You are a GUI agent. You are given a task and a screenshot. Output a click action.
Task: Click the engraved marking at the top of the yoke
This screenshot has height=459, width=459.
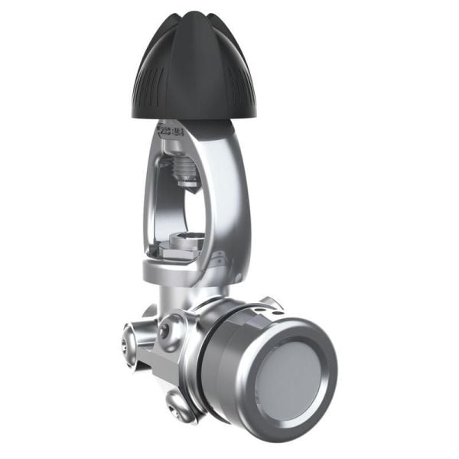click(173, 129)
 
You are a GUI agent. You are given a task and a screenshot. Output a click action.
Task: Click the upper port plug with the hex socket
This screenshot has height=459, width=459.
click(164, 329)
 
